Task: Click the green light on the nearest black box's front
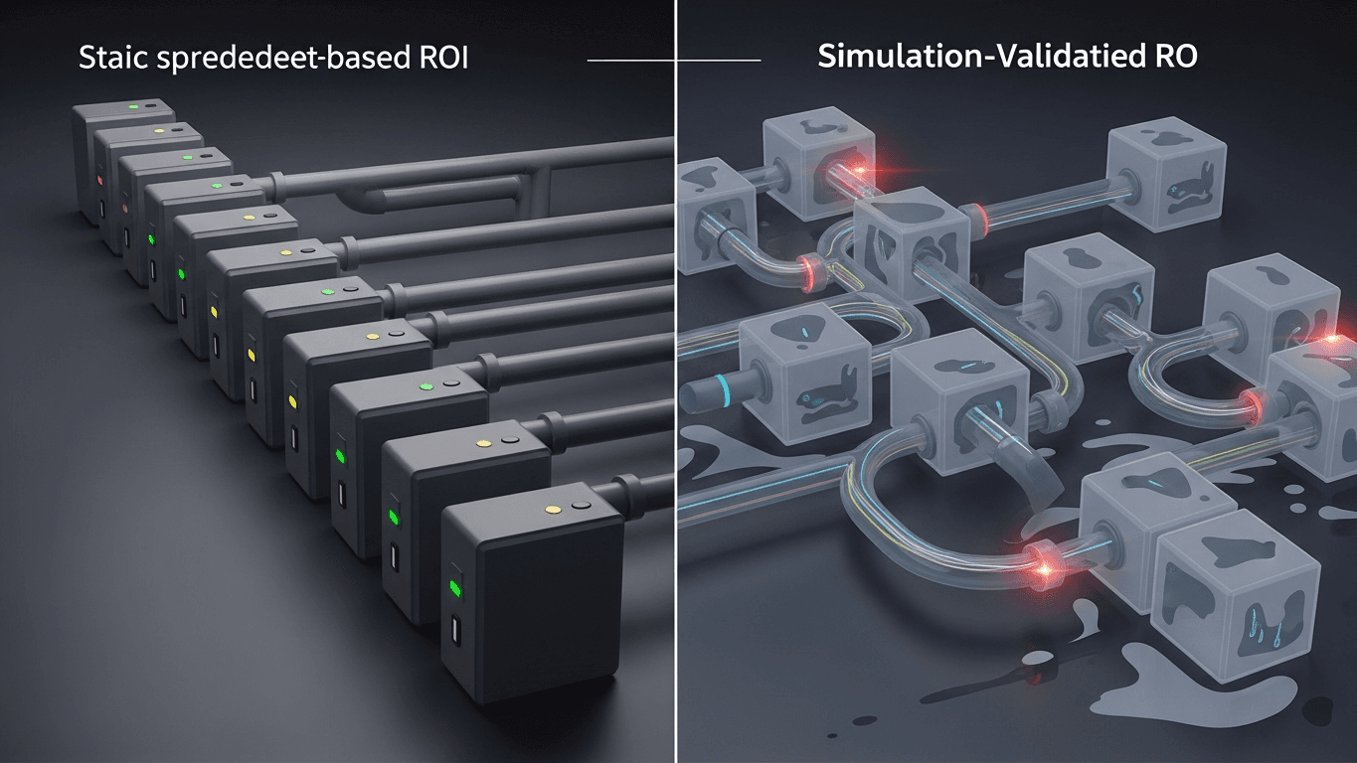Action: coord(455,588)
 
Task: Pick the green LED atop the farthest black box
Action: coord(133,104)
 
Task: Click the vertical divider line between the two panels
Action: coord(676,397)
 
